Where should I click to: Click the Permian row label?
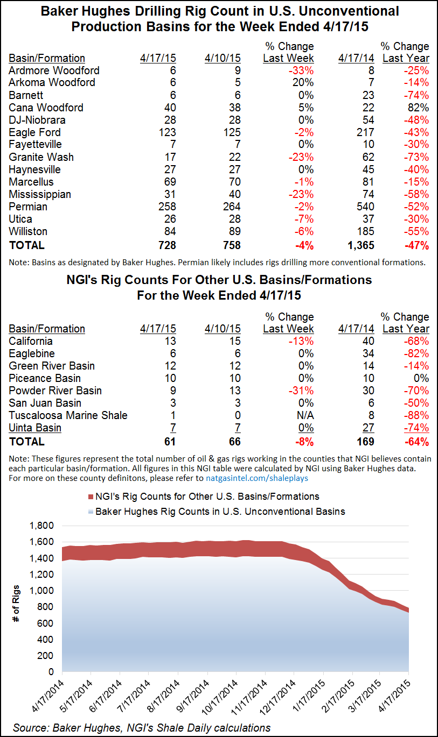tap(28, 207)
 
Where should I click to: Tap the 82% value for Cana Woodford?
tap(418, 108)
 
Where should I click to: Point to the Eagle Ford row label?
tap(34, 132)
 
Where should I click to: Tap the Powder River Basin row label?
tap(55, 391)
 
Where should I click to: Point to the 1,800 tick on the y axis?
tap(45, 526)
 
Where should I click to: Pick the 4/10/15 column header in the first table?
tap(223, 58)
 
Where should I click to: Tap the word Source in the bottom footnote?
tap(31, 727)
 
